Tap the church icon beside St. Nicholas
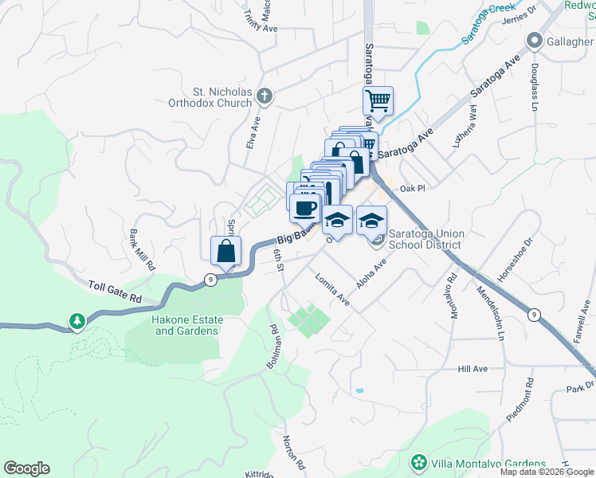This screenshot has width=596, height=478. click(265, 97)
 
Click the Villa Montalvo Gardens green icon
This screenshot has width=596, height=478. click(418, 463)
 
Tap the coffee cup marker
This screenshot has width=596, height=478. click(304, 209)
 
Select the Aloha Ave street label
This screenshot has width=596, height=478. click(371, 273)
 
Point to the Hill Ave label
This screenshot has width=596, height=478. click(472, 369)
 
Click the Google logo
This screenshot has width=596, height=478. click(26, 468)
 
